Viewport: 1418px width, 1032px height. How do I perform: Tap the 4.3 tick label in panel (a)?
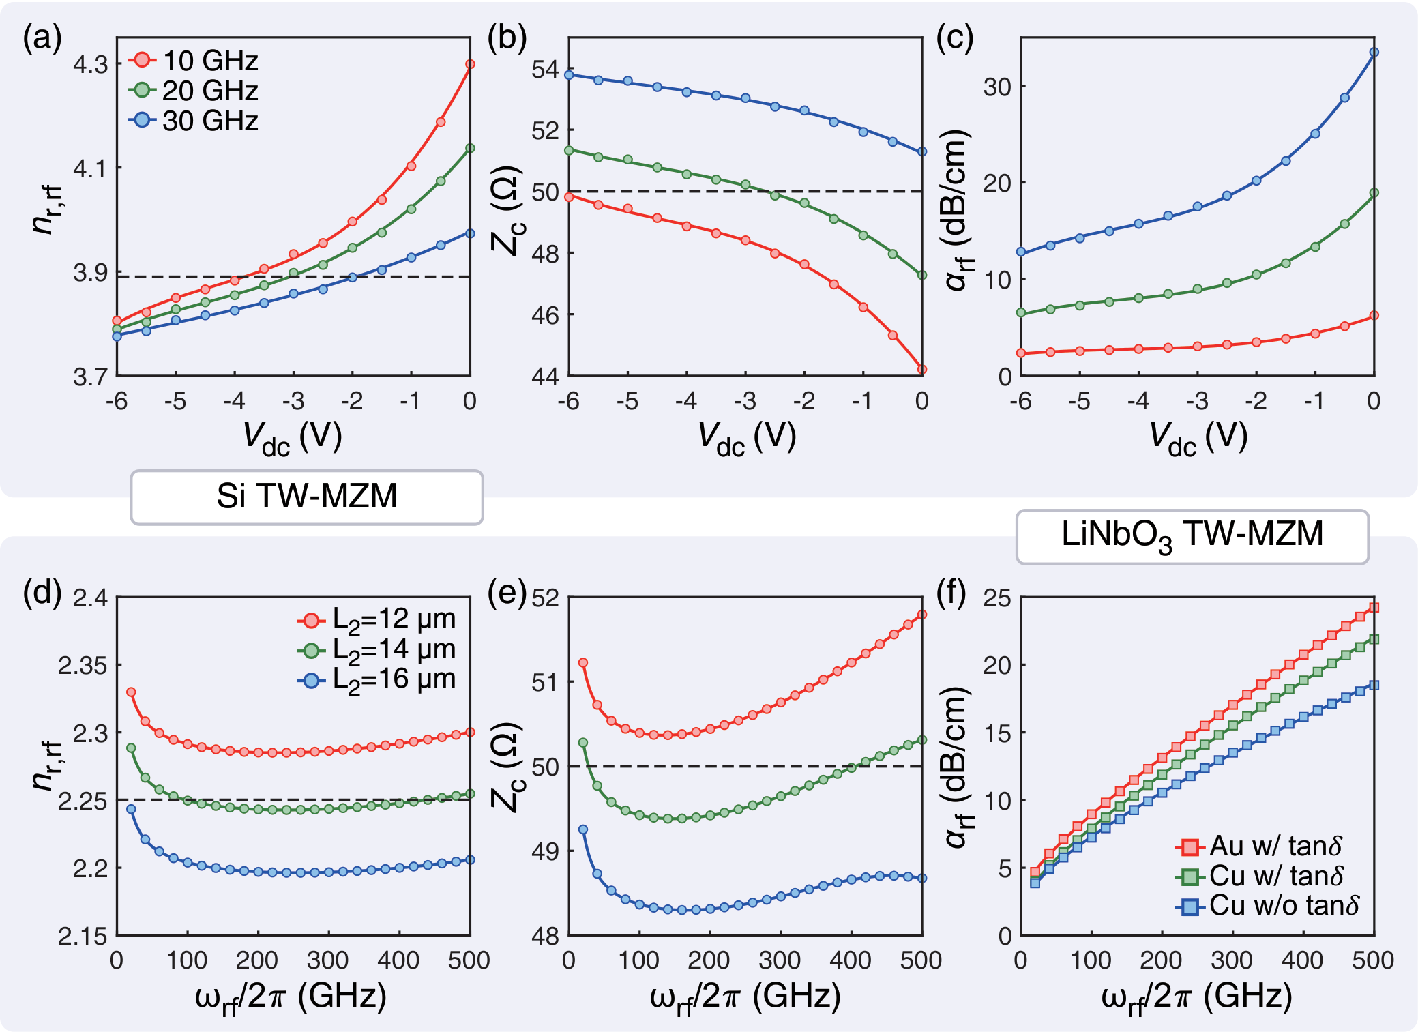pos(91,65)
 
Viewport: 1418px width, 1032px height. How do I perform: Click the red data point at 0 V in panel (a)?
pos(470,64)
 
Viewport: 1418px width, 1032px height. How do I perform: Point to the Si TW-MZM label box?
pos(307,497)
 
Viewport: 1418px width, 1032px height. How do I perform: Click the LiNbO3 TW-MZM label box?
pos(1192,535)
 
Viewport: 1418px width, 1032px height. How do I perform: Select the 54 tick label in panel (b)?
pos(545,70)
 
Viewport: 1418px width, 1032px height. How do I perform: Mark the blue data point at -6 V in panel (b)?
pos(569,75)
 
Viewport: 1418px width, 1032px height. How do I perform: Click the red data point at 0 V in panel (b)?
pos(922,370)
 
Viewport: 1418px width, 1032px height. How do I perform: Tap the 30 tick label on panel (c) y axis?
pos(996,87)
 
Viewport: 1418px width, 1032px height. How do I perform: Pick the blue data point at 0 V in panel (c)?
pos(1374,52)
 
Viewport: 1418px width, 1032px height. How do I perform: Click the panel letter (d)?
pos(42,593)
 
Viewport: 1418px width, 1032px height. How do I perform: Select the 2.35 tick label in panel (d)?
pos(83,665)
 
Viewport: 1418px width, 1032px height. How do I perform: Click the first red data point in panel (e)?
pos(583,662)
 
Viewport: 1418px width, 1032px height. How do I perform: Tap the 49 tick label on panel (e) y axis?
pos(545,851)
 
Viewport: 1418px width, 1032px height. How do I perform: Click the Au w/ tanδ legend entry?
pos(1260,846)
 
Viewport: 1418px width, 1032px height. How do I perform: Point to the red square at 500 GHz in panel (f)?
pos(1374,607)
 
